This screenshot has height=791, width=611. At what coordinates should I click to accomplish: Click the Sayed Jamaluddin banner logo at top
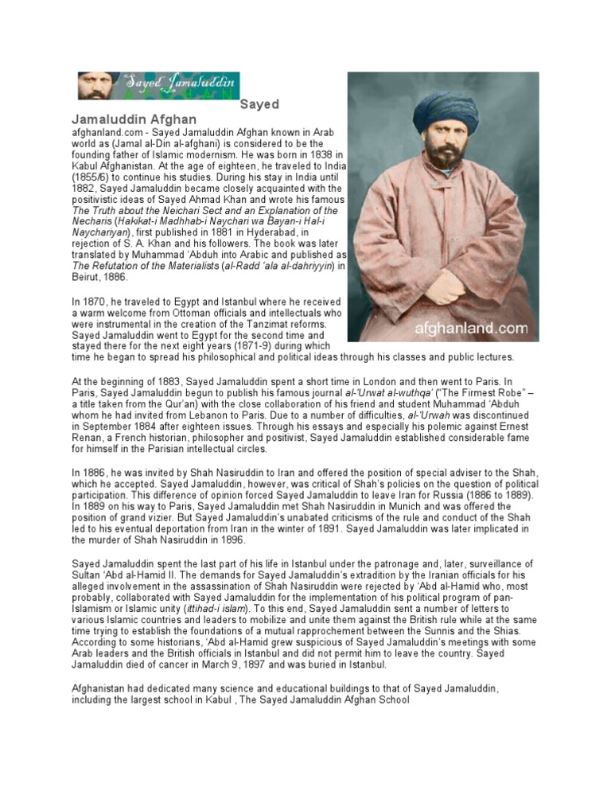click(158, 85)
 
